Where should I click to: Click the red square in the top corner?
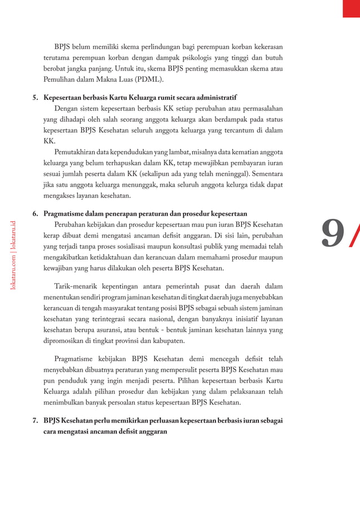click(x=351, y=8)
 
